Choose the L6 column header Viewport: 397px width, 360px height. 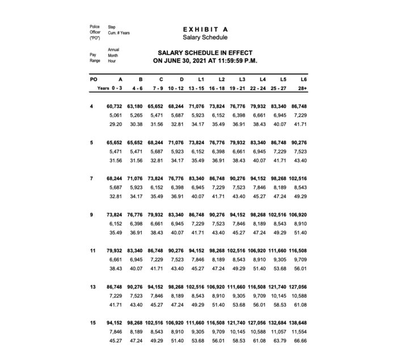(x=303, y=79)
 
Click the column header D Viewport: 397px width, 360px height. (x=181, y=79)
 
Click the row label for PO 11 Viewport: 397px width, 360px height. (x=94, y=250)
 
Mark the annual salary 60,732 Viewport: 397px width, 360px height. (x=115, y=106)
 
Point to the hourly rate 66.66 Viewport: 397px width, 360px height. (x=301, y=341)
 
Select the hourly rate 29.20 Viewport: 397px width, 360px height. (x=116, y=124)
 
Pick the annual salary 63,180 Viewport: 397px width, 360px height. (x=135, y=106)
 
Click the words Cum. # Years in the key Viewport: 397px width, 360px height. (x=119, y=33)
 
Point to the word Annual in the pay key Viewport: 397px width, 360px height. (x=113, y=50)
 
